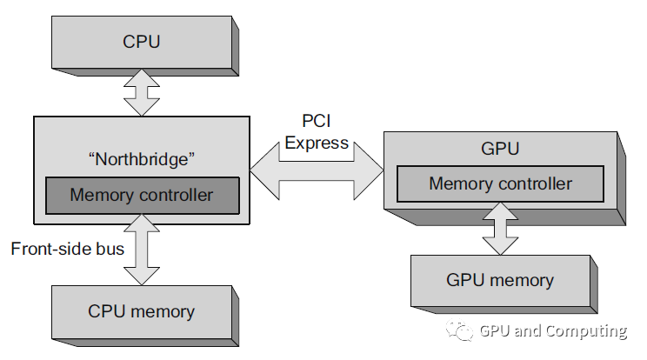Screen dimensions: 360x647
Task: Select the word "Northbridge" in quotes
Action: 141,159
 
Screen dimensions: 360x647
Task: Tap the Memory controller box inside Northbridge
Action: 141,195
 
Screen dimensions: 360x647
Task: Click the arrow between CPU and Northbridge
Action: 141,91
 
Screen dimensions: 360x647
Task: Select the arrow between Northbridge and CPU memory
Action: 141,249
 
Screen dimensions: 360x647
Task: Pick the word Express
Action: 317,143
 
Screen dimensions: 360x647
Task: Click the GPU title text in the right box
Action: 499,149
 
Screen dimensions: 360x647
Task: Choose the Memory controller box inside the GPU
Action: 500,183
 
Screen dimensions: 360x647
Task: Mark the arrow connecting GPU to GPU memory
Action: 500,230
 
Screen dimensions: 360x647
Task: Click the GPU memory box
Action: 500,280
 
